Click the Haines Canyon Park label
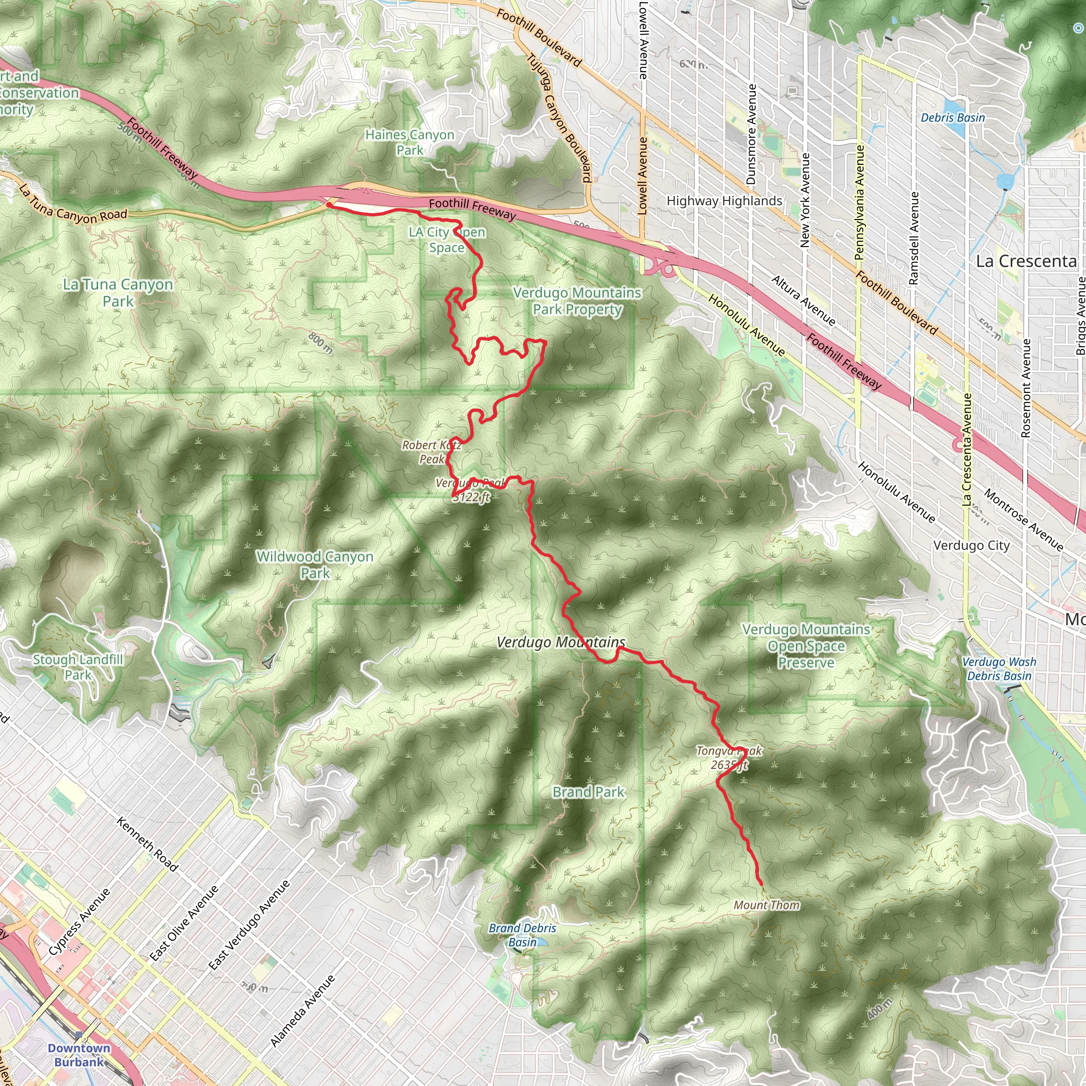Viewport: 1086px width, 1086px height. point(409,142)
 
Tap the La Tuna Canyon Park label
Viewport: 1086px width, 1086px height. point(118,292)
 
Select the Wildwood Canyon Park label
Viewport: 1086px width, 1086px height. point(315,564)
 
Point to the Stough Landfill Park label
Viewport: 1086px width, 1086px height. point(77,667)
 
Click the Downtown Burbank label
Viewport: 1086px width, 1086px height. point(78,1055)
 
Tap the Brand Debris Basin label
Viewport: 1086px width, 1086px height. point(522,935)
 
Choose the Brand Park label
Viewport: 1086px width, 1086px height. point(588,792)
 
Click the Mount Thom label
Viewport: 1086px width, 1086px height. point(766,905)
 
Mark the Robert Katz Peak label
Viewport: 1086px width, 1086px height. point(432,452)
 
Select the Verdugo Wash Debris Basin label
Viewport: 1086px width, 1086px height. point(999,669)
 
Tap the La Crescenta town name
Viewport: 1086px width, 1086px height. point(1026,261)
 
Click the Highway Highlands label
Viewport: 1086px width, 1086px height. point(724,200)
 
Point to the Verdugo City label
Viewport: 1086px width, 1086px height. point(971,545)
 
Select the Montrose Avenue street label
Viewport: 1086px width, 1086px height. point(1023,520)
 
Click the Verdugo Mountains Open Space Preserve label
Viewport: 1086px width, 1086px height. point(806,646)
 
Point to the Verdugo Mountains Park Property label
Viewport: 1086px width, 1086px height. point(577,301)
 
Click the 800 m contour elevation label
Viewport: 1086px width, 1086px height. point(321,343)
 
